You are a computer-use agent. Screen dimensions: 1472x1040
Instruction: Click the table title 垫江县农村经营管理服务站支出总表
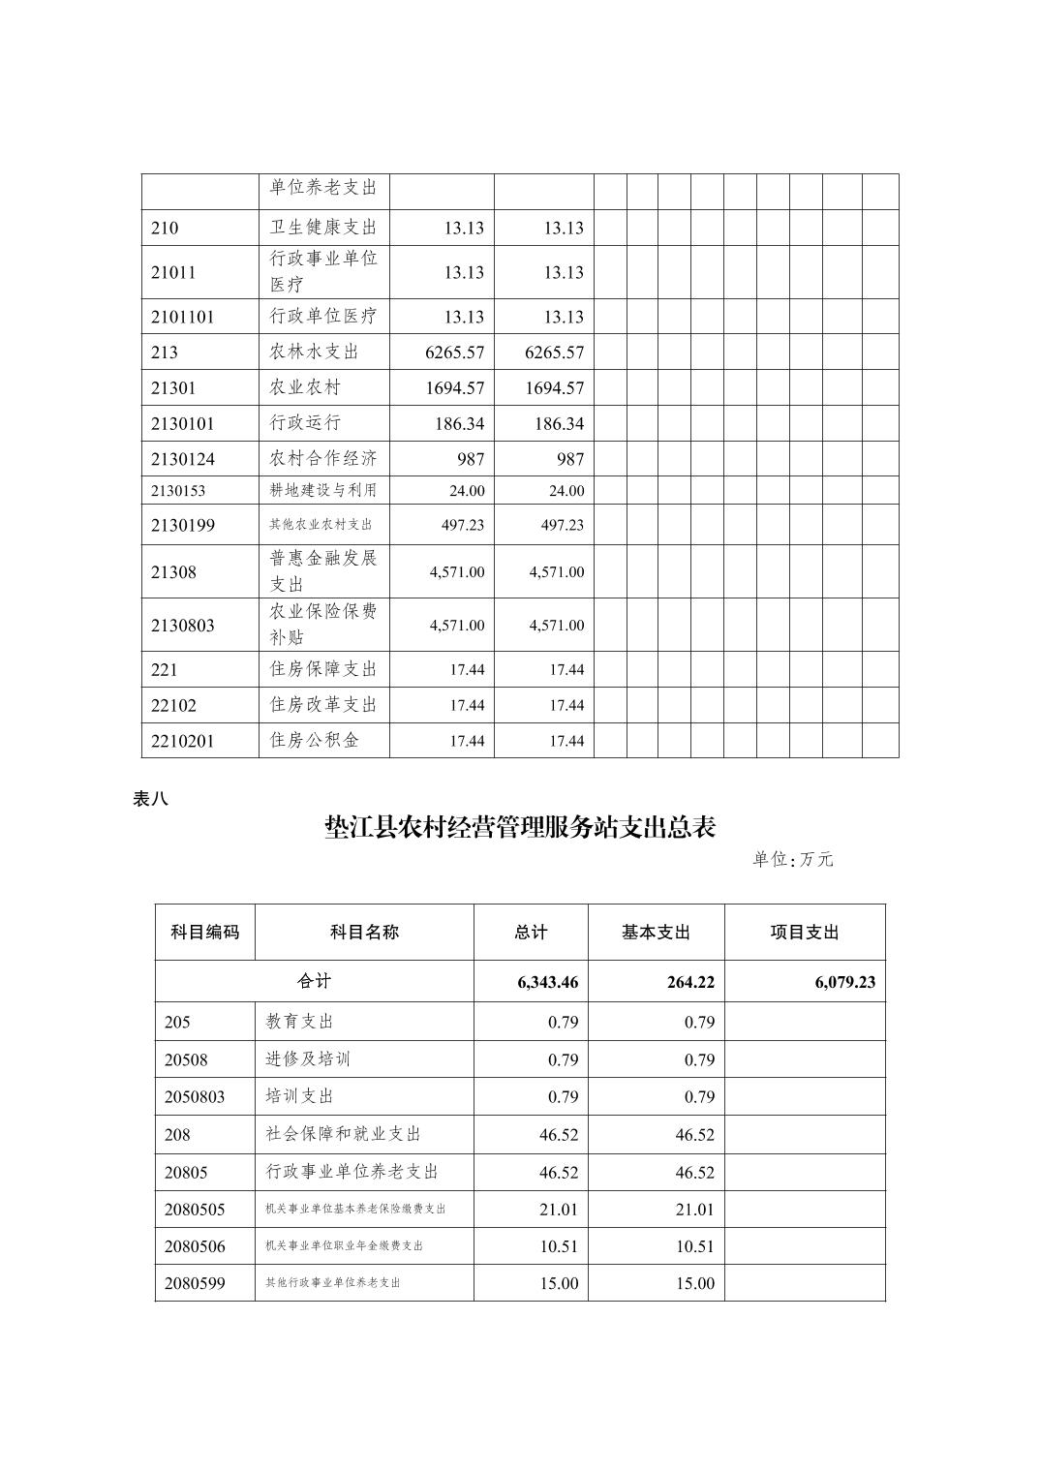520,828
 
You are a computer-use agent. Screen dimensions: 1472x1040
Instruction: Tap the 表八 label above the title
150,799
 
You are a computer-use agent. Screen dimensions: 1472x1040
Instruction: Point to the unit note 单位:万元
792,859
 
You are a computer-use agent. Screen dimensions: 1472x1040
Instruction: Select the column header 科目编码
204,933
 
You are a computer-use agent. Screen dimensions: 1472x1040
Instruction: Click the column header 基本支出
656,933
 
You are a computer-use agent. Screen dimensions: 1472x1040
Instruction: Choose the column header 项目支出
804,933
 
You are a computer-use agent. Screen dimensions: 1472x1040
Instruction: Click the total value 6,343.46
547,982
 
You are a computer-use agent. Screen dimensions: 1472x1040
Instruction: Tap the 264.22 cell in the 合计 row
690,982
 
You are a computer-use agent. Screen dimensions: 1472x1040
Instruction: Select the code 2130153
178,490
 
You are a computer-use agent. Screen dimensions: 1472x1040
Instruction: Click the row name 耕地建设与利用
322,490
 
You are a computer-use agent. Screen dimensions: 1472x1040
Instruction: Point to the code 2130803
183,626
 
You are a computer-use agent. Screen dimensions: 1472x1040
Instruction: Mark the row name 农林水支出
305,352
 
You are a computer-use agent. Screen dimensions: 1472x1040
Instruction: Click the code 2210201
183,741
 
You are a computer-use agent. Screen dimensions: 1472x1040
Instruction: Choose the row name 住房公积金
314,741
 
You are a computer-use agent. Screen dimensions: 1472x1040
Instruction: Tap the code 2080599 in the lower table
195,1283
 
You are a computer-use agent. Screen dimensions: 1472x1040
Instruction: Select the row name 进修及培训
308,1059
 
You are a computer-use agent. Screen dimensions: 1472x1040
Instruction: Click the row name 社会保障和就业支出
344,1134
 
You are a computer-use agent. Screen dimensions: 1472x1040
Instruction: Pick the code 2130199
183,525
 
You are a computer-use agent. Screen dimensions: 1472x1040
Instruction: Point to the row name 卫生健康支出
322,228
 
